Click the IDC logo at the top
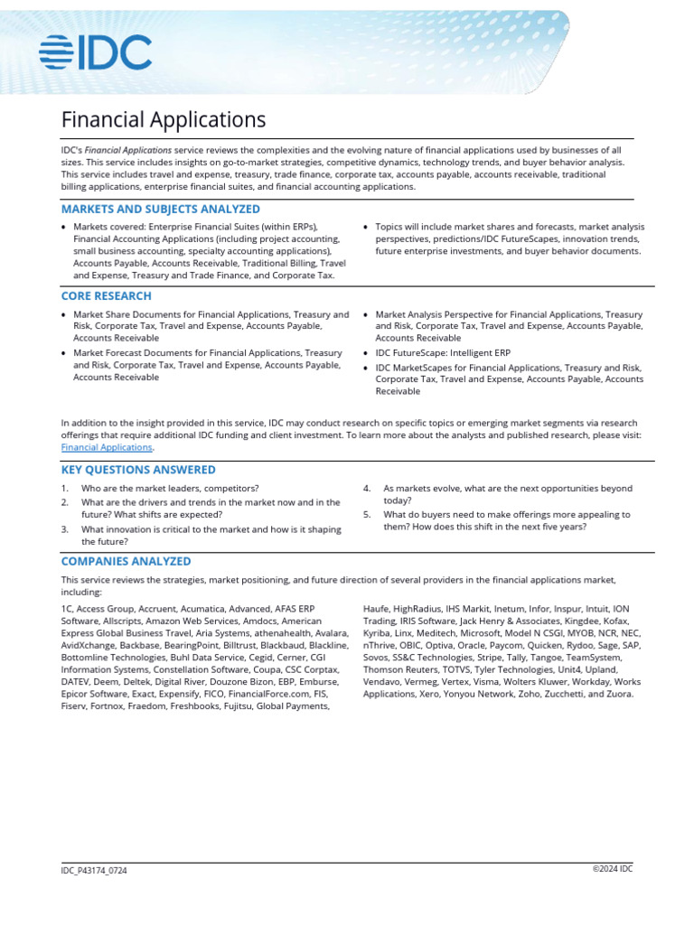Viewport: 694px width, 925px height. click(95, 53)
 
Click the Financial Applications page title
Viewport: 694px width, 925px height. click(163, 119)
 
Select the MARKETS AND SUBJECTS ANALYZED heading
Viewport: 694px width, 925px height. click(160, 209)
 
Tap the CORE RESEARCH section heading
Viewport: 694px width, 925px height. click(106, 295)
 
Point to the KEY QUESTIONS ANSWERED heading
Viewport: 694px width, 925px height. click(138, 470)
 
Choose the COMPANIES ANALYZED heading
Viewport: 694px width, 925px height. click(126, 561)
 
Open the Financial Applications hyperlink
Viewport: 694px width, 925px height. click(107, 447)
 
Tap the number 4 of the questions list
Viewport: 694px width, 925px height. click(368, 489)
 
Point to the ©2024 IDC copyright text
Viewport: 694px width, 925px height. click(613, 868)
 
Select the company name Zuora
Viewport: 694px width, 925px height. click(619, 694)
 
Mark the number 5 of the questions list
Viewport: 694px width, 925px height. click(368, 515)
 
